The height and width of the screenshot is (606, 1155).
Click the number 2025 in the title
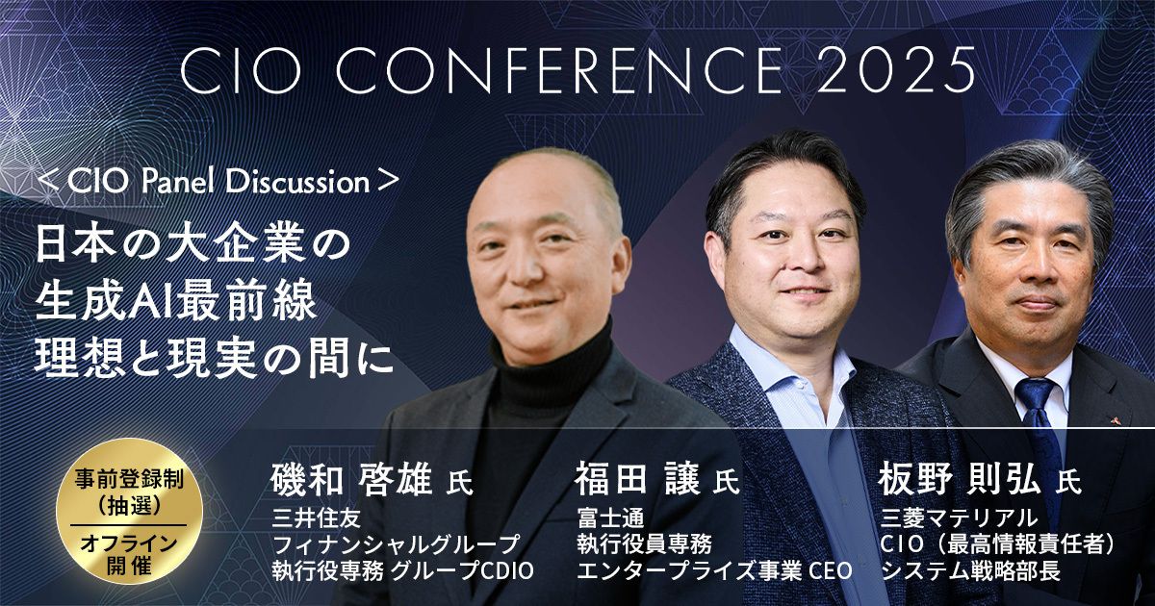(x=896, y=69)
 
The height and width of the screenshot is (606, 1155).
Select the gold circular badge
(x=129, y=511)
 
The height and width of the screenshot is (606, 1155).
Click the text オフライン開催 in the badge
(x=129, y=554)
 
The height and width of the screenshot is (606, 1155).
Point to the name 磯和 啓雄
(x=351, y=480)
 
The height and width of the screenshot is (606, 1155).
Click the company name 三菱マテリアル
(x=959, y=518)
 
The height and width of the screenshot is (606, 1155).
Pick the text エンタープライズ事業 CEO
(x=714, y=571)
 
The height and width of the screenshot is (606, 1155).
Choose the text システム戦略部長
(x=970, y=571)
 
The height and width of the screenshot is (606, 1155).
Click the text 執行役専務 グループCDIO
(x=402, y=571)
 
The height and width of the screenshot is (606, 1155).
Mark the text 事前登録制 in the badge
(x=129, y=480)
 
